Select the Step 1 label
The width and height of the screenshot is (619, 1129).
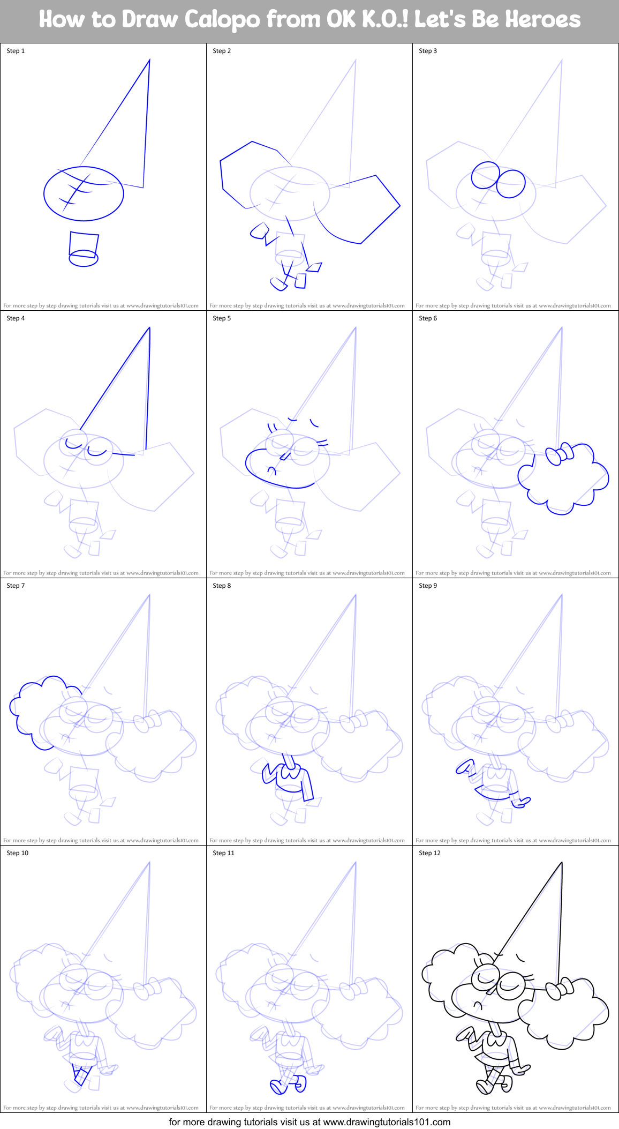coord(16,51)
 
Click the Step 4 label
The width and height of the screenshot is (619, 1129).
coord(16,318)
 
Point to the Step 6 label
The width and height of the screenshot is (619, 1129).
coord(428,318)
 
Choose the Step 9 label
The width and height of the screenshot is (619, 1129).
coord(428,586)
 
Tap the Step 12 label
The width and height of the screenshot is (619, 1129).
coord(429,853)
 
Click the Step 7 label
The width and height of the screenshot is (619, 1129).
coord(16,586)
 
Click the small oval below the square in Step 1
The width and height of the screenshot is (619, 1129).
coord(84,259)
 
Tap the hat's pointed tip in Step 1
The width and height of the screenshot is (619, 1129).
coord(149,61)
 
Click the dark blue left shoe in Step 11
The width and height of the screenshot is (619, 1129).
coord(278,1087)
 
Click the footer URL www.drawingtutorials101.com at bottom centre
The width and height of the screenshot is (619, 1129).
coord(387,1121)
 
